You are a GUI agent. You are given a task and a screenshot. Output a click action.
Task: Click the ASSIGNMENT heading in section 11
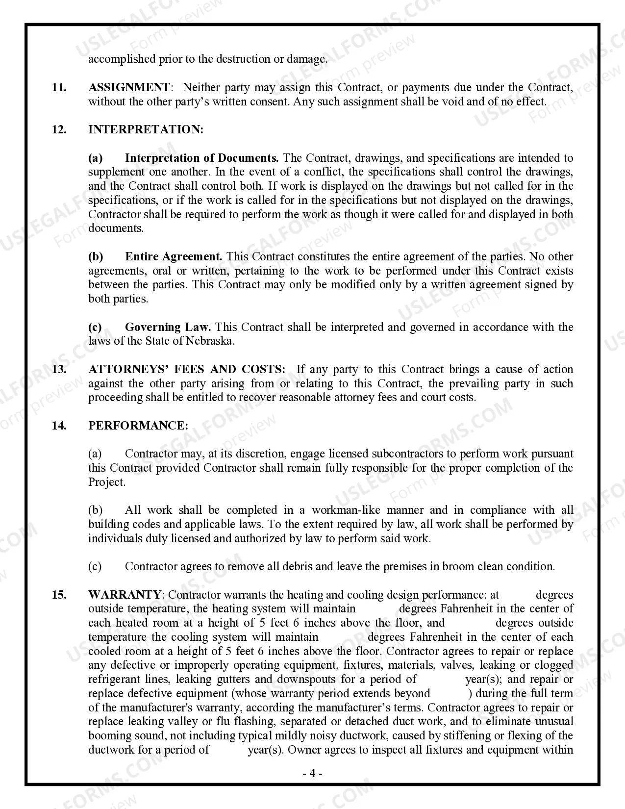coord(129,88)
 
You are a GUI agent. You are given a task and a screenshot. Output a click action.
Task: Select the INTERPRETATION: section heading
coord(146,130)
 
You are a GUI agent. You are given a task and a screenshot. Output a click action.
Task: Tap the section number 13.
coord(59,370)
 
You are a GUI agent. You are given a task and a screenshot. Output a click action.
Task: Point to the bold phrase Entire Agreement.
coord(174,257)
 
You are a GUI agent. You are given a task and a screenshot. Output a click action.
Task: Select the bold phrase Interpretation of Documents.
coord(201,158)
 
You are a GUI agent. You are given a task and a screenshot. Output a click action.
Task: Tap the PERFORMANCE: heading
coord(138,426)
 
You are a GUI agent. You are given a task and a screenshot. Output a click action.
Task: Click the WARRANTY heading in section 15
coord(124,595)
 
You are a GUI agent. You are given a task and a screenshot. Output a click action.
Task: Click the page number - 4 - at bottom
coord(312,774)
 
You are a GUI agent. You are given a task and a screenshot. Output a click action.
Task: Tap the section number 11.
coord(59,88)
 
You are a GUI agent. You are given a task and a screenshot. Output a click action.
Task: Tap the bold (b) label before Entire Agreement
coord(96,257)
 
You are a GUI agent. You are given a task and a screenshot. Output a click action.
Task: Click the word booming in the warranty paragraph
coord(106,736)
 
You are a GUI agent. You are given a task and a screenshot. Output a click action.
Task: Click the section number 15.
coord(59,595)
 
